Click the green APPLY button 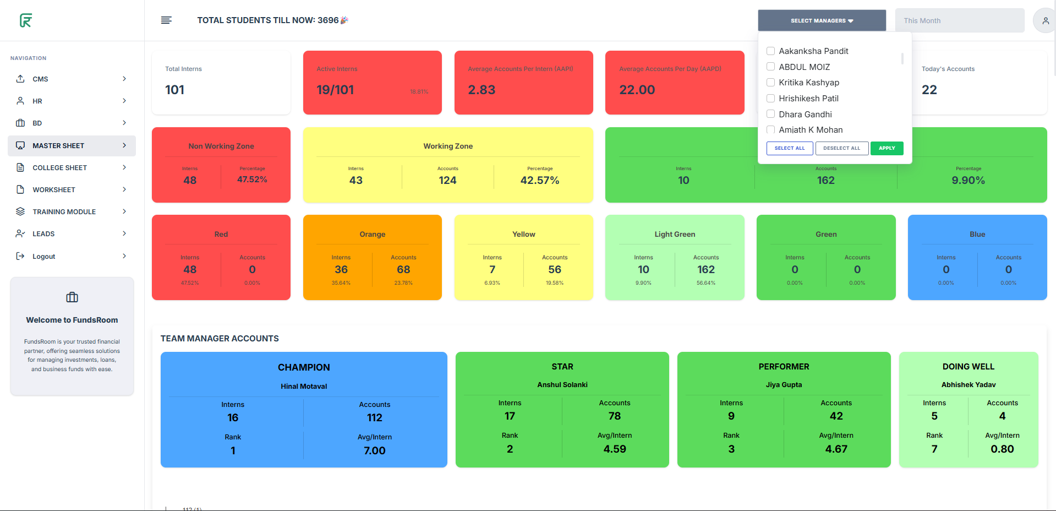click(887, 148)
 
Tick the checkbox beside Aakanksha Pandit click(771, 51)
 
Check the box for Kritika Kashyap click(771, 83)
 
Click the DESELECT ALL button click(841, 148)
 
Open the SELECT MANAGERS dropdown click(822, 20)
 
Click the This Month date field click(959, 20)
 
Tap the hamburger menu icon click(166, 20)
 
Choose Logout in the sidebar click(44, 257)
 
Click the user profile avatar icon click(1045, 21)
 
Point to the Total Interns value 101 click(175, 90)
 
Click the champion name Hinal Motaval click(304, 387)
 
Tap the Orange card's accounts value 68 click(403, 270)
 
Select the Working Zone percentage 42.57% click(539, 181)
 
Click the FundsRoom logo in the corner click(26, 20)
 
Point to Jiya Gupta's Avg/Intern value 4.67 click(836, 449)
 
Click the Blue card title click(977, 235)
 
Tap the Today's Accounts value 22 click(929, 90)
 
